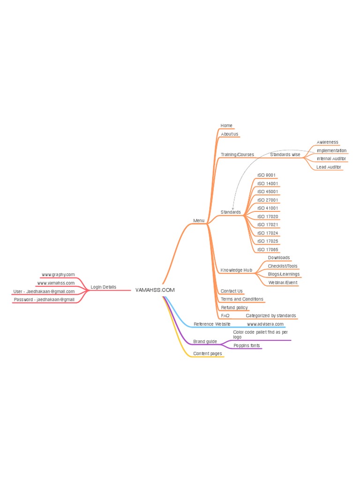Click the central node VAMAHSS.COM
(155, 290)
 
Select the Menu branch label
(199, 220)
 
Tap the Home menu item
(226, 126)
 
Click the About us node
(229, 134)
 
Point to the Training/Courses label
(237, 155)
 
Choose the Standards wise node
(285, 155)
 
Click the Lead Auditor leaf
(329, 167)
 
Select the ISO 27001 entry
(268, 200)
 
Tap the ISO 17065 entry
(268, 250)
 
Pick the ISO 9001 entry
(266, 175)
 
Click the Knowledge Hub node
(236, 270)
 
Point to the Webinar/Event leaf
(283, 283)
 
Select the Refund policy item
(234, 307)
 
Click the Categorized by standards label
(270, 316)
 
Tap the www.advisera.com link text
(265, 324)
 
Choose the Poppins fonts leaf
(247, 345)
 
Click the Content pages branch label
(207, 353)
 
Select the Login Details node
(103, 287)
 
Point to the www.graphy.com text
(58, 275)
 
